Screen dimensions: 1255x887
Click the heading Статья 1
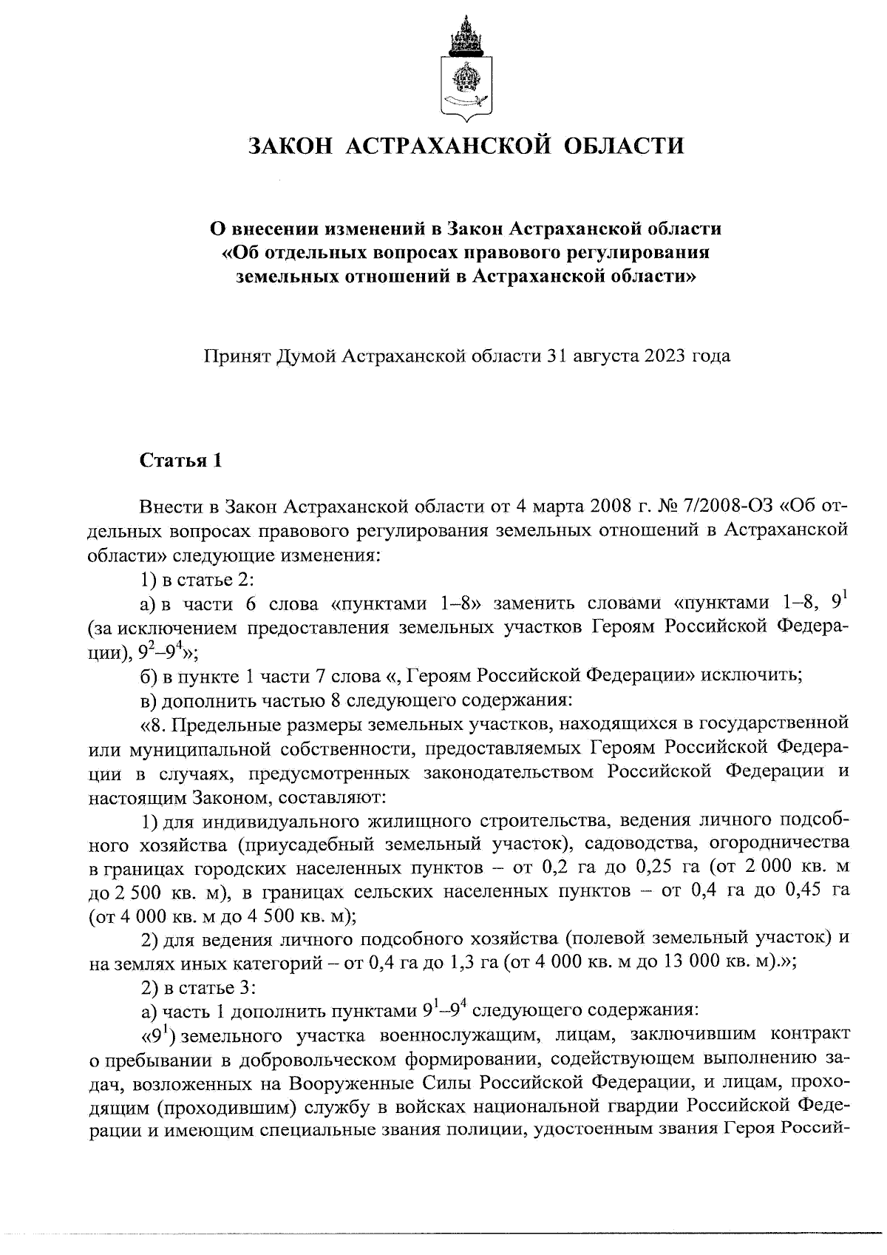[x=180, y=460]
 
